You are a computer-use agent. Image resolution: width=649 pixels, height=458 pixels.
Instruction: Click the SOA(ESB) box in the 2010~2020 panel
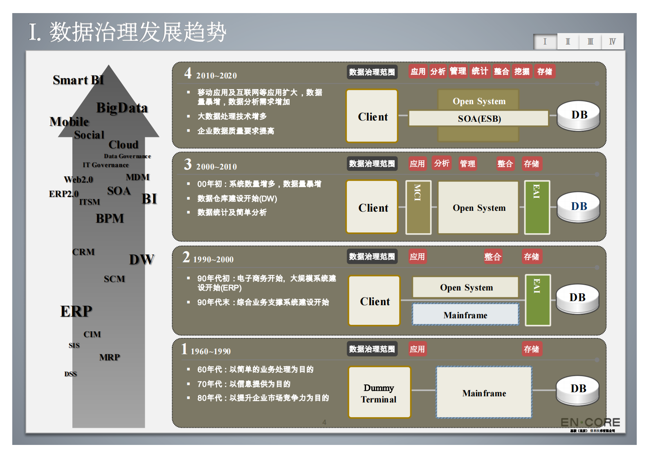[x=478, y=118]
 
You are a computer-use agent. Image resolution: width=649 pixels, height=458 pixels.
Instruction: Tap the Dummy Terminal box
[x=379, y=393]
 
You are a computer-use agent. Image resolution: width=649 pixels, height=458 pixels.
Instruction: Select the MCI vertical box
[x=418, y=208]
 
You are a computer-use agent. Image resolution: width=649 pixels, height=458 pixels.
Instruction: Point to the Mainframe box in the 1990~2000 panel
[x=465, y=315]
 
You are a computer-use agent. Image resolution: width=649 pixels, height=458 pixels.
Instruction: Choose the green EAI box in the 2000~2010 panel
[x=537, y=208]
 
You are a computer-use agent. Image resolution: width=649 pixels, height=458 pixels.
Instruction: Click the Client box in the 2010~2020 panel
[x=372, y=116]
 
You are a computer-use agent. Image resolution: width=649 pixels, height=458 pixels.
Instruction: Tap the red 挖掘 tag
[x=522, y=71]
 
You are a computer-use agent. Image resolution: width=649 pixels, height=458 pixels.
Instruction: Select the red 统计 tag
[x=480, y=71]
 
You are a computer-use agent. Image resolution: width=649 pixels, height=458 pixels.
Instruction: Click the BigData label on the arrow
[x=122, y=108]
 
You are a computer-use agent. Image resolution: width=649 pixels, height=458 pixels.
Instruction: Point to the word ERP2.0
[x=63, y=194]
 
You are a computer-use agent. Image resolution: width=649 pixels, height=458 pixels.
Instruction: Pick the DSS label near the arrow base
[x=70, y=374]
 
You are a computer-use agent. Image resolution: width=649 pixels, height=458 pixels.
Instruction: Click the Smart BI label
[x=78, y=80]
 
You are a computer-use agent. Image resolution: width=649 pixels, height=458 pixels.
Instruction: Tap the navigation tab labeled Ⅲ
[x=590, y=42]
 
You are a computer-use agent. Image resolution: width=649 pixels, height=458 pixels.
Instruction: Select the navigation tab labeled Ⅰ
[x=545, y=42]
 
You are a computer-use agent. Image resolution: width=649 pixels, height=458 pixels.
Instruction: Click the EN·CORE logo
[x=590, y=422]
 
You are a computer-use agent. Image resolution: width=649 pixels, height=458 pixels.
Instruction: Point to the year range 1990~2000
[x=213, y=259]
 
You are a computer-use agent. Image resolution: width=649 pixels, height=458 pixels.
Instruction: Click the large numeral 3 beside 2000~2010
[x=188, y=164]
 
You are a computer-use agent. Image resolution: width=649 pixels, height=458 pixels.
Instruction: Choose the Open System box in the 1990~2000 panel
[x=466, y=288]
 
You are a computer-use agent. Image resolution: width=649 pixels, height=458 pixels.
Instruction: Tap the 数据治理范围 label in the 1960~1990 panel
[x=372, y=349]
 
